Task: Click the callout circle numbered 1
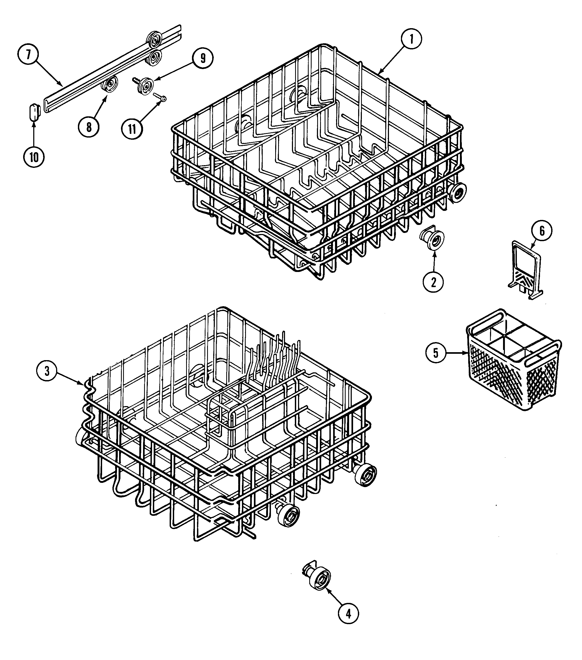411,39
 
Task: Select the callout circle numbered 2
433,282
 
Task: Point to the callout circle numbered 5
436,353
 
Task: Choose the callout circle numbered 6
542,231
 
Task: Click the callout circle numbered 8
89,127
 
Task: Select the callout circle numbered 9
203,58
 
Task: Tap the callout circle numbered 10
34,157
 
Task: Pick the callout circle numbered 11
132,129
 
